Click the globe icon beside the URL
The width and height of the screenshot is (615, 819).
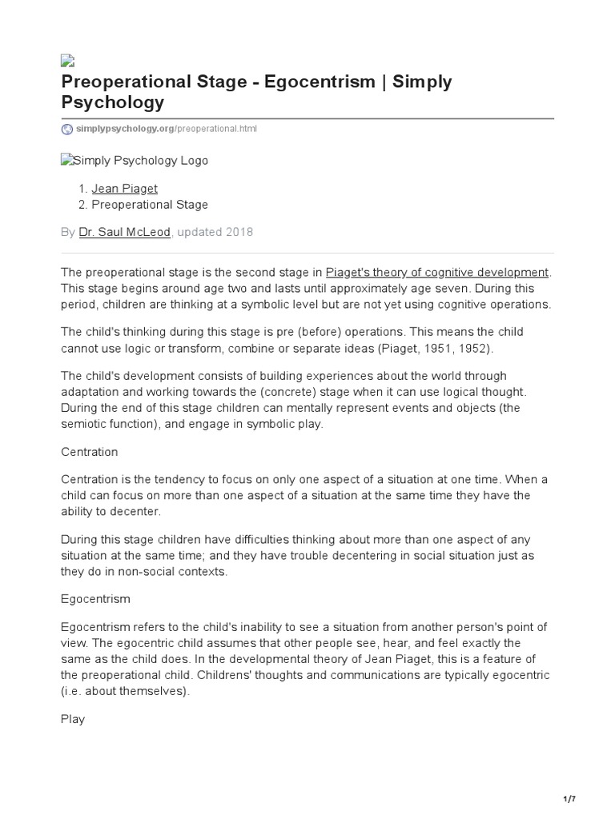[x=67, y=129]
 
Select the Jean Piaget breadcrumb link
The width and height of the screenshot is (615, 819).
[x=124, y=189]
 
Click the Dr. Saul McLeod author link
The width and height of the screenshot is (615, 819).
[x=124, y=232]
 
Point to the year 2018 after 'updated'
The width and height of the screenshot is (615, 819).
[x=238, y=232]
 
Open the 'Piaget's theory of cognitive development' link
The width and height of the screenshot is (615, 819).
[x=437, y=273]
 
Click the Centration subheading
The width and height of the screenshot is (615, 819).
[x=89, y=452]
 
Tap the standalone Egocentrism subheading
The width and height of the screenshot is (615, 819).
[x=95, y=598]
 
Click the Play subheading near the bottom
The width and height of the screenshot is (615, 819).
[x=72, y=719]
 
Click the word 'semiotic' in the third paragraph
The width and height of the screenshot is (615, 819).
[x=84, y=425]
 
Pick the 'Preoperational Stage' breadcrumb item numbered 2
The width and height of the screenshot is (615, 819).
[x=150, y=205]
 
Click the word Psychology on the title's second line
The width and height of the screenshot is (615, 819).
[x=113, y=102]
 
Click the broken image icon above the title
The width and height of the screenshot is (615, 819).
[x=67, y=60]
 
